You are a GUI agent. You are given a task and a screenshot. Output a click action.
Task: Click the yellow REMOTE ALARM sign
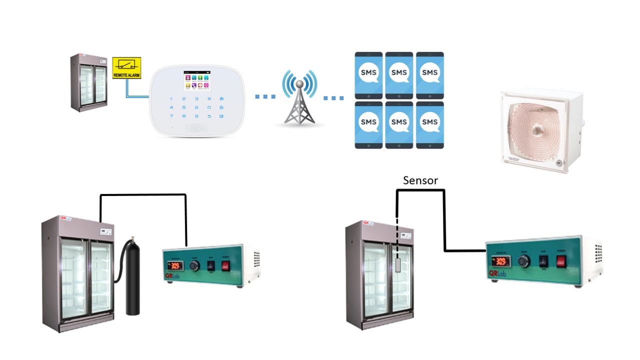click(127, 67)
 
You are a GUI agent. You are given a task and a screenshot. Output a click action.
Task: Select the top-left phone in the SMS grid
click(368, 75)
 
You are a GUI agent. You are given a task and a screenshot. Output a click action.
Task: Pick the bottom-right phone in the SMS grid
click(429, 125)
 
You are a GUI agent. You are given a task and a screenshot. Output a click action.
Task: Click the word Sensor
click(420, 180)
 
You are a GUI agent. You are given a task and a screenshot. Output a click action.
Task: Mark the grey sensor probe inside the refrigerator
click(398, 264)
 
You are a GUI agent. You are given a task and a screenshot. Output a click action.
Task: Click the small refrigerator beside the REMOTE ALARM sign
click(88, 82)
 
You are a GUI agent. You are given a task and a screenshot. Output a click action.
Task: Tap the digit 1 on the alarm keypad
click(171, 99)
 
